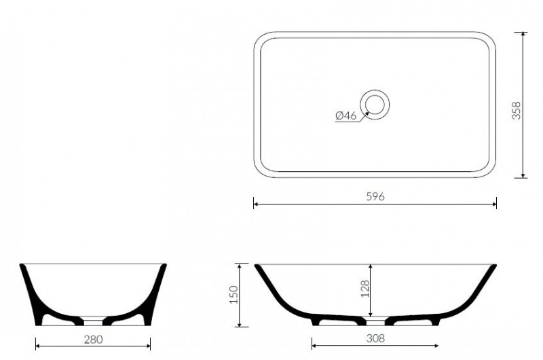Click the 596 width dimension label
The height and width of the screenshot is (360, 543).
click(x=375, y=196)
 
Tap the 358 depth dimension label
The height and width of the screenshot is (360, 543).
click(x=516, y=111)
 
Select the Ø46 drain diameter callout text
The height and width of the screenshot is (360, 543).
click(x=345, y=115)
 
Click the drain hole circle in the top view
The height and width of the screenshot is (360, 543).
click(x=375, y=105)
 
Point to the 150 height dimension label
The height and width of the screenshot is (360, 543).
click(x=234, y=295)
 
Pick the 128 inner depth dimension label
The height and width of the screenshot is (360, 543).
click(x=365, y=289)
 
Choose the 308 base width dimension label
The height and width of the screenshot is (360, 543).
click(x=375, y=338)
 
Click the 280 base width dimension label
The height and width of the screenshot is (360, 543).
click(x=93, y=339)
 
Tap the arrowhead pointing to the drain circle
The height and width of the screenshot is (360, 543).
click(x=367, y=113)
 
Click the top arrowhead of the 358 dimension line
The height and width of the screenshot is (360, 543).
click(x=523, y=35)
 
